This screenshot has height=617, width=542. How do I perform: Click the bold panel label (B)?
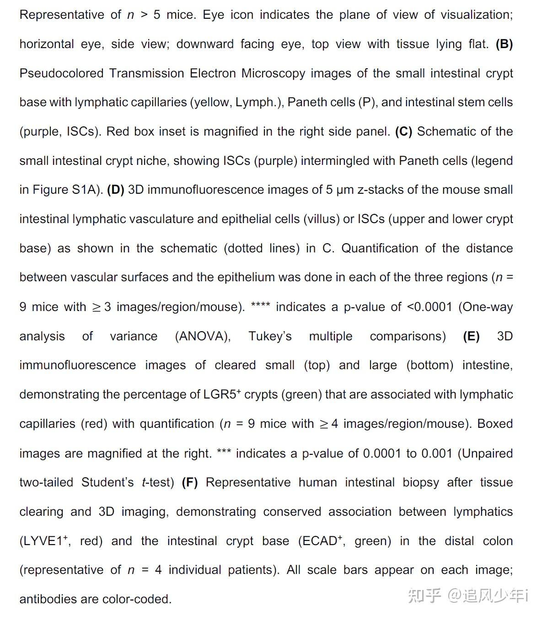(x=504, y=44)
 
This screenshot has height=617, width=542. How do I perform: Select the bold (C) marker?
(x=404, y=131)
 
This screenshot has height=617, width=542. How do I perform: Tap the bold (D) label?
(x=116, y=190)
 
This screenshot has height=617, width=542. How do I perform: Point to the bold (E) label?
(x=471, y=336)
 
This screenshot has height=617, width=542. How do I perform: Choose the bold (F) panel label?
(x=190, y=482)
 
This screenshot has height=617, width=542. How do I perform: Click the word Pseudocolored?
(x=61, y=73)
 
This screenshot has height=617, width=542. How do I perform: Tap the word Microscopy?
(x=273, y=73)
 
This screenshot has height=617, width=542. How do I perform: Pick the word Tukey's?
(x=270, y=336)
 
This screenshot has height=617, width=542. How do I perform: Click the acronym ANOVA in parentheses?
(x=203, y=336)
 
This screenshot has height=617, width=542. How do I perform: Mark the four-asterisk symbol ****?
(x=261, y=306)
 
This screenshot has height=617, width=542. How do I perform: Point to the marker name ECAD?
(x=319, y=541)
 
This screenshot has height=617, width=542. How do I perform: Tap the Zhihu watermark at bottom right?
(x=467, y=595)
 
